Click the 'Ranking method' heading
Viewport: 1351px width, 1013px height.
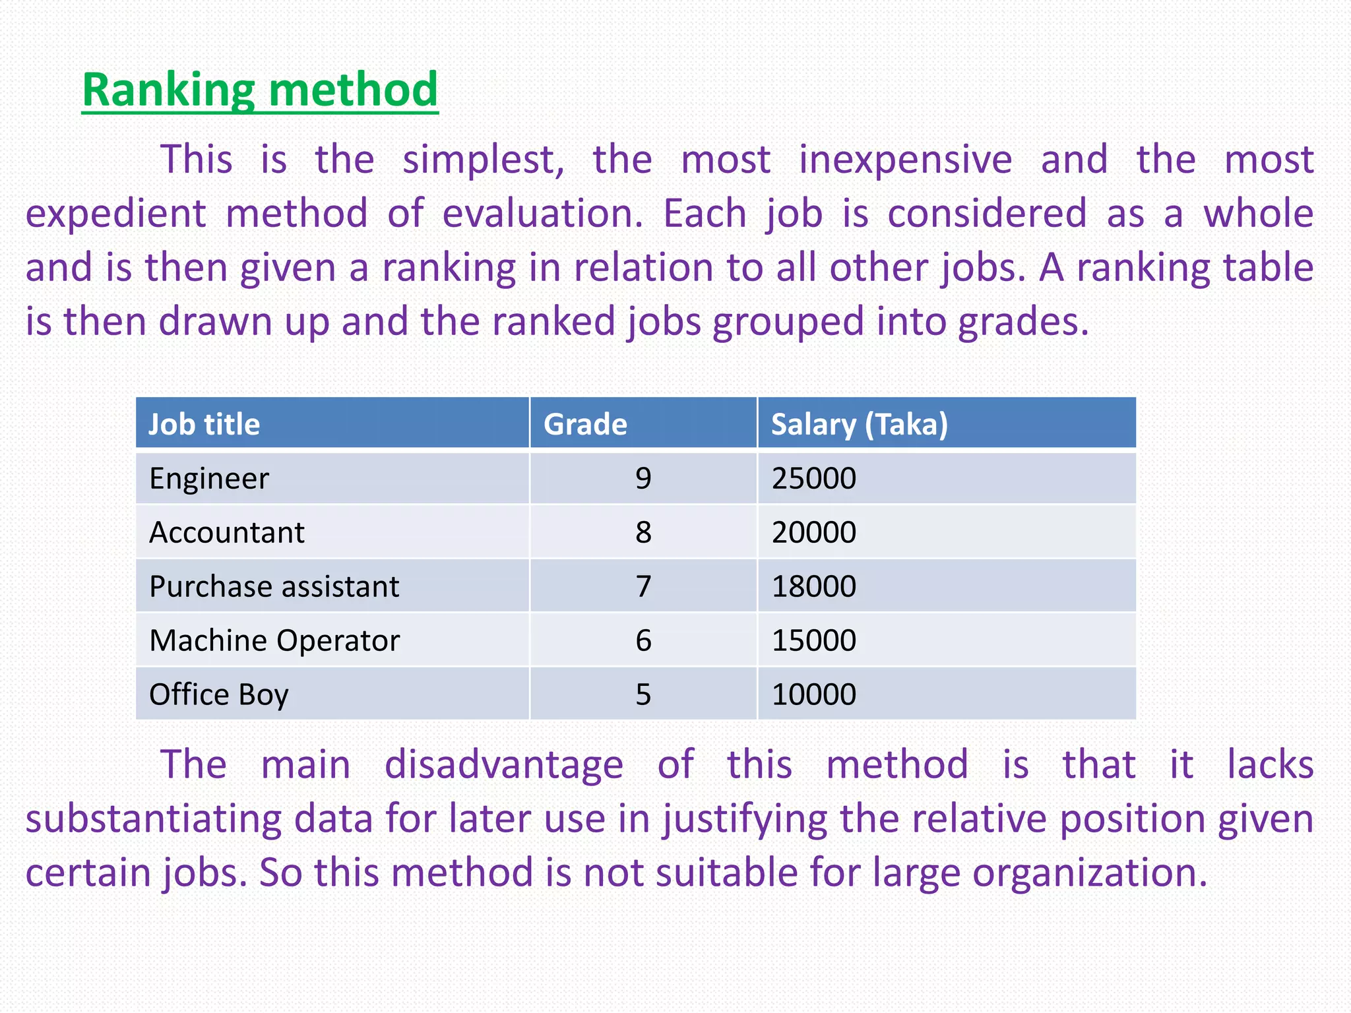click(x=260, y=90)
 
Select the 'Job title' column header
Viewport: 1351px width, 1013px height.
click(x=204, y=424)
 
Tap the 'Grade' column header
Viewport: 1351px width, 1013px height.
click(x=585, y=424)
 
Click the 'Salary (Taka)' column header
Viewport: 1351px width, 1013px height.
click(x=859, y=424)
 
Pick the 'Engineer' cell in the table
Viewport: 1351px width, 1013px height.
click(x=209, y=478)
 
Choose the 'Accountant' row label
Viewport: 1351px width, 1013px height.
click(x=227, y=532)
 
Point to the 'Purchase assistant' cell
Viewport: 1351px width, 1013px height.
click(x=274, y=586)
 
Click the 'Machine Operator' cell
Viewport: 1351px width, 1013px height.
click(x=274, y=640)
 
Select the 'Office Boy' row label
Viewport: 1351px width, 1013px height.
click(x=219, y=694)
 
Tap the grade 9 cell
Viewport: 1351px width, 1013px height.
click(x=643, y=478)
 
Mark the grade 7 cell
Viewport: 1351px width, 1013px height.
click(x=643, y=586)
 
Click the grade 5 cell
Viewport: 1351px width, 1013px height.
click(x=643, y=694)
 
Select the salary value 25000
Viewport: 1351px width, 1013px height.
click(x=814, y=478)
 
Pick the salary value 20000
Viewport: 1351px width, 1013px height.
click(x=814, y=532)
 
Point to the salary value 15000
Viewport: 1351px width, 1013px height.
click(x=814, y=640)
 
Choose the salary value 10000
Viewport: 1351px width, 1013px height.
click(x=814, y=694)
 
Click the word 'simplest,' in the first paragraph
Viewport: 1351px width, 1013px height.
click(x=484, y=160)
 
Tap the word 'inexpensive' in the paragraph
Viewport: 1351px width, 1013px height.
click(x=905, y=160)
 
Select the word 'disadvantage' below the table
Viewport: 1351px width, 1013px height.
click(x=504, y=765)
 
